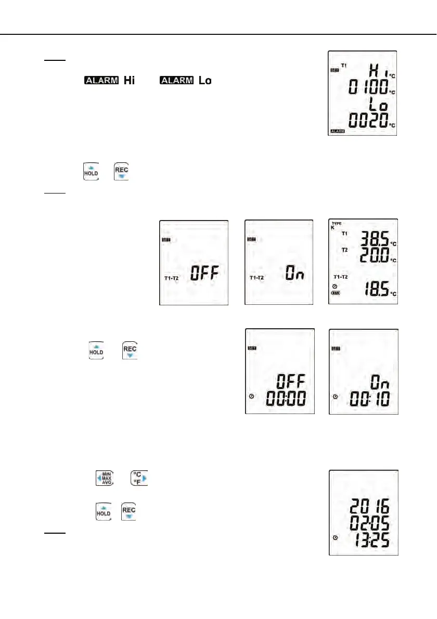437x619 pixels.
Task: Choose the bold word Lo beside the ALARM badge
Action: [205, 81]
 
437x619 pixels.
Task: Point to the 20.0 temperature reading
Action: [373, 256]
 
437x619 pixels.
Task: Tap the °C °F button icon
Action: [139, 478]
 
